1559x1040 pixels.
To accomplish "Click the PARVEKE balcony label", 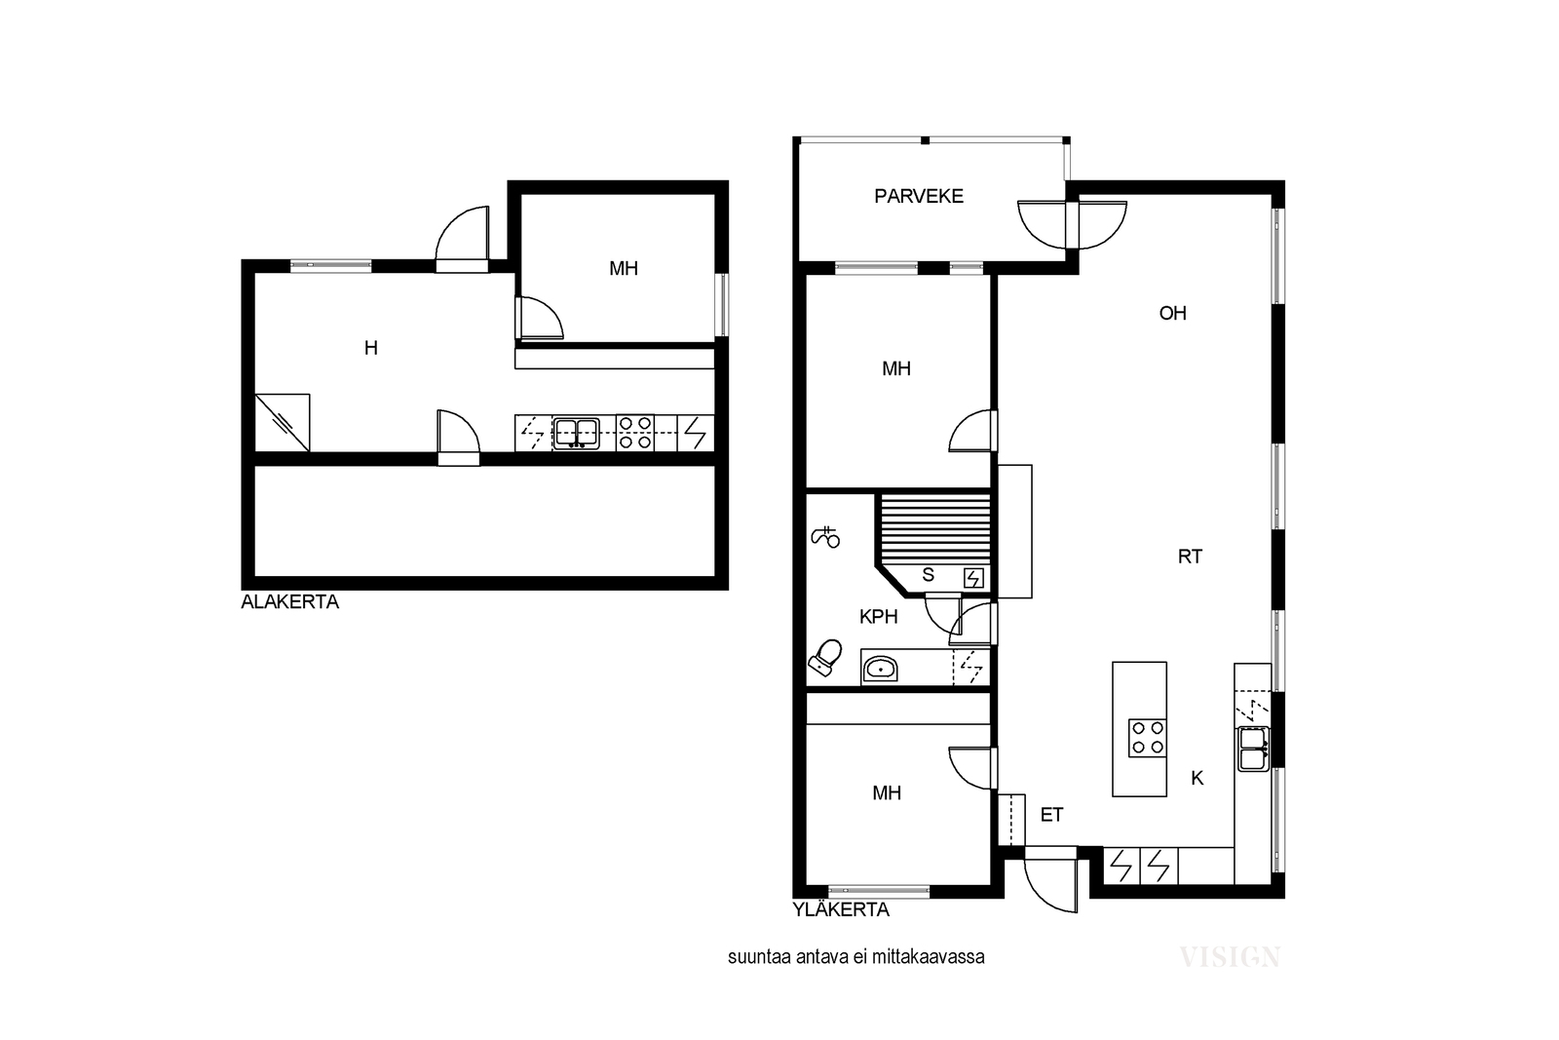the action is point(919,196).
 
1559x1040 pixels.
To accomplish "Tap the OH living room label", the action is point(1173,313).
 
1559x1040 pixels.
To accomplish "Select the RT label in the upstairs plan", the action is point(1190,557).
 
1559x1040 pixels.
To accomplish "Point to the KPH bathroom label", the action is point(878,617).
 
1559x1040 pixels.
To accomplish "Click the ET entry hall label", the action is point(1051,815).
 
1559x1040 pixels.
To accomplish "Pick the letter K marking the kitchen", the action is point(1198,778).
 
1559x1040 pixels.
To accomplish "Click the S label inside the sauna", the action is point(928,575).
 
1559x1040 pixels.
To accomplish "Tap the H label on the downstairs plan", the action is point(371,348).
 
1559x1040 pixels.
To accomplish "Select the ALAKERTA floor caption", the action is point(289,602).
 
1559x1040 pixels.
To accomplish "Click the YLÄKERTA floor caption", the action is point(841,909).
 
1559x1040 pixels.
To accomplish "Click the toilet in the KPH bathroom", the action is point(824,658).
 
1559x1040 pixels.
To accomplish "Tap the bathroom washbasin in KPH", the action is point(881,669).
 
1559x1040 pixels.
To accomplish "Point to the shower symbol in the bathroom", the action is point(825,537).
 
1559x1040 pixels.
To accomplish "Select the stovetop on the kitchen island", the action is point(1147,738).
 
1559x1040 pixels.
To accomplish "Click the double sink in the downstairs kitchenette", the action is point(576,433).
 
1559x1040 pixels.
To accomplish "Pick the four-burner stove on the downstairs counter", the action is point(634,433).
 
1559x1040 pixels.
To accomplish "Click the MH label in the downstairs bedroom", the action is point(624,269).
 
